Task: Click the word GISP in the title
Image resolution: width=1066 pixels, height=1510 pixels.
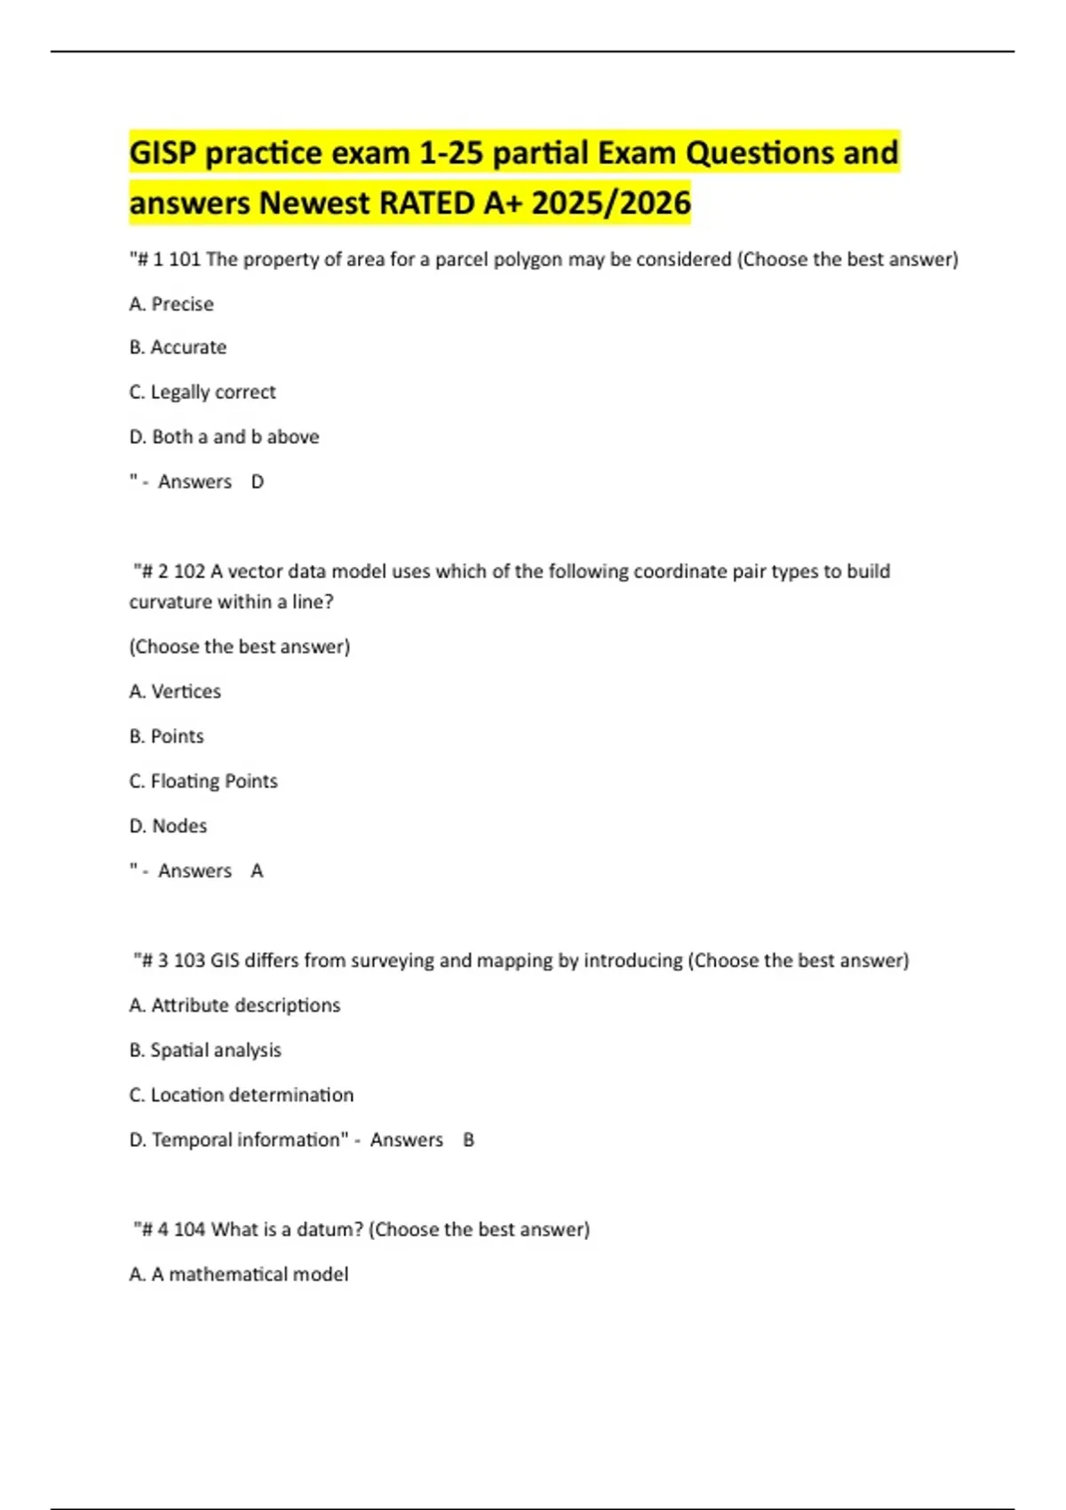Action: [x=163, y=153]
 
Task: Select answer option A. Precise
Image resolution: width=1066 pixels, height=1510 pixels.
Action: [x=171, y=304]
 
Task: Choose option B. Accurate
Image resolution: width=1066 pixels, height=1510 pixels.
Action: [x=178, y=347]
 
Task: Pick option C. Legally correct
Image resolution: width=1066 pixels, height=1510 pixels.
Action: [x=203, y=392]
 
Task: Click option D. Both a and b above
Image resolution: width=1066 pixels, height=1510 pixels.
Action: [x=224, y=437]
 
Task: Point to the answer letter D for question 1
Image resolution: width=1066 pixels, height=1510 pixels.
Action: [x=258, y=481]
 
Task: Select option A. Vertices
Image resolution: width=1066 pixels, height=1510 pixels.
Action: [x=175, y=691]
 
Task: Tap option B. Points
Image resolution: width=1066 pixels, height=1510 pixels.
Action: [x=166, y=736]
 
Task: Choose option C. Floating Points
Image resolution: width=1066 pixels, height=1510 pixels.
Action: [x=203, y=781]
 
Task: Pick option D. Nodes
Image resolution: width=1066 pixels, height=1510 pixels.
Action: [x=168, y=826]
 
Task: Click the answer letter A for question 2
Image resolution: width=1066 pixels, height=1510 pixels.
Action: [x=257, y=870]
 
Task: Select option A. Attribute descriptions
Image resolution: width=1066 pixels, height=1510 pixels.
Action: [x=235, y=1005]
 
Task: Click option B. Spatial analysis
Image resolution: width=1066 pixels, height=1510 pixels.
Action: [x=205, y=1050]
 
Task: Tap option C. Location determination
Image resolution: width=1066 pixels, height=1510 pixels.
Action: [x=241, y=1095]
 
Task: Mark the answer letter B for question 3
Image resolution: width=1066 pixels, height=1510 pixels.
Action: [x=468, y=1140]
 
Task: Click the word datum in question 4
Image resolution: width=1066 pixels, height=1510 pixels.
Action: [x=334, y=1229]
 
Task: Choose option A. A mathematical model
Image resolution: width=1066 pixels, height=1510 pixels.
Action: [x=238, y=1275]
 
